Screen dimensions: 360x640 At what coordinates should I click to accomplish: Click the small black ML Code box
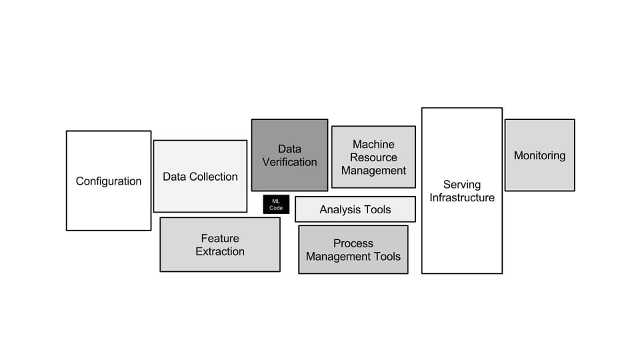(276, 205)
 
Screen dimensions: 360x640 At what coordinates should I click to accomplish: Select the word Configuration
(109, 181)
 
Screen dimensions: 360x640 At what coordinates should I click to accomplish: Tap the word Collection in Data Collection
(214, 177)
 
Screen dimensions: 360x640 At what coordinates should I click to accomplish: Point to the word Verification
(289, 162)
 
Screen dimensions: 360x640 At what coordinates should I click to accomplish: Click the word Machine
(373, 144)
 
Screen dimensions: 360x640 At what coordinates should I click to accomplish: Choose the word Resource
(373, 157)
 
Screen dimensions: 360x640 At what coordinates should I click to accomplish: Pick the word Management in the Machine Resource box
(373, 171)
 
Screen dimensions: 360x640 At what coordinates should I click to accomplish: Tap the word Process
(353, 243)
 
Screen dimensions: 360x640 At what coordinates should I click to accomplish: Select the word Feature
(220, 238)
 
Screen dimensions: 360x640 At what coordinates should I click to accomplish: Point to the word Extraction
(220, 251)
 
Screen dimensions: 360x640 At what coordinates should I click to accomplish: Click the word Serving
(462, 184)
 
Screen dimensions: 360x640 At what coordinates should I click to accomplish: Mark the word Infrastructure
(462, 198)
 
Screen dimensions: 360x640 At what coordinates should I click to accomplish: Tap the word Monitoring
(539, 155)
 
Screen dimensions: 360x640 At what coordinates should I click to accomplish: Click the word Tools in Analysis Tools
(377, 209)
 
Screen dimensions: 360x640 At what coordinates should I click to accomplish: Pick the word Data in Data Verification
(289, 149)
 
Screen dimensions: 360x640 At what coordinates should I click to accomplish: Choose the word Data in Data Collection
(175, 177)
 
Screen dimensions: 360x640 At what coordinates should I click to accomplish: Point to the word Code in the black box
(276, 208)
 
